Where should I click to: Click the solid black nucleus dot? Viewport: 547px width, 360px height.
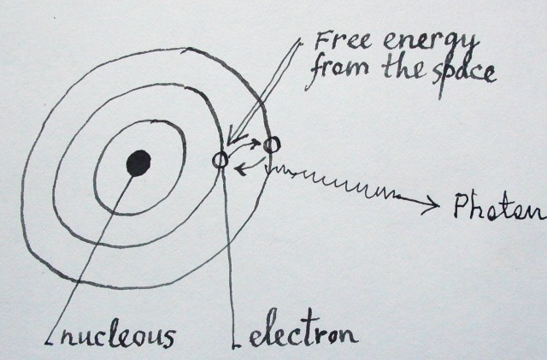click(x=138, y=161)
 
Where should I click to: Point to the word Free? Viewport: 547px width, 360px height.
click(x=337, y=41)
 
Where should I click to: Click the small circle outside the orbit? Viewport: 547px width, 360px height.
click(x=272, y=145)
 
